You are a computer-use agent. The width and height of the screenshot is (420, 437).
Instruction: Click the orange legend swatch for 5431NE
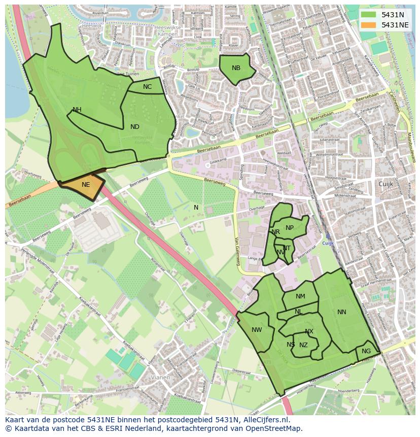[x=369, y=25]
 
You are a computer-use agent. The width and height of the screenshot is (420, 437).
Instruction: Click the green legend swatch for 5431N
[x=369, y=15]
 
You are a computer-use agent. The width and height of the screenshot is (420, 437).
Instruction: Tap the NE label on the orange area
[x=86, y=185]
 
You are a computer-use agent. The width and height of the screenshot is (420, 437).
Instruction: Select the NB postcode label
[x=236, y=68]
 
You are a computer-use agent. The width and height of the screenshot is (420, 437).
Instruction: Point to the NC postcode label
[x=147, y=87]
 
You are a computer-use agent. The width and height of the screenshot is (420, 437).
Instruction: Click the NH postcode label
[x=77, y=110]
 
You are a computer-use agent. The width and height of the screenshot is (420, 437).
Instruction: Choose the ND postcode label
[x=134, y=127]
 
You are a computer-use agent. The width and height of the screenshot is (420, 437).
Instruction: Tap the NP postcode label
[x=290, y=228]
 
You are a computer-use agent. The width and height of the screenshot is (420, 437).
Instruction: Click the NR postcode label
[x=276, y=232]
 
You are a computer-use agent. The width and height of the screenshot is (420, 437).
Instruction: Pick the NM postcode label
[x=300, y=296]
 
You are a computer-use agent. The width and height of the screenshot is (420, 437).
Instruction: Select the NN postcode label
[x=342, y=312]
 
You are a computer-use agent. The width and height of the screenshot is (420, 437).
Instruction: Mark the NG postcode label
[x=366, y=351]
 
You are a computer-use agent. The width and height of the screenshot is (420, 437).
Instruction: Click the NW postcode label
[x=257, y=330]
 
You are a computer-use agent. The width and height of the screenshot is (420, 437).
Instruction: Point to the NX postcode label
[x=309, y=331]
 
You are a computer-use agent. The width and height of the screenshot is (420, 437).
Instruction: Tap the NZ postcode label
[x=303, y=345]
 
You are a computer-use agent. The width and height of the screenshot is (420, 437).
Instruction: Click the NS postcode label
[x=291, y=345]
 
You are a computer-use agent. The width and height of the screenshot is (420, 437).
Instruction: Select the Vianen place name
[x=161, y=378]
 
